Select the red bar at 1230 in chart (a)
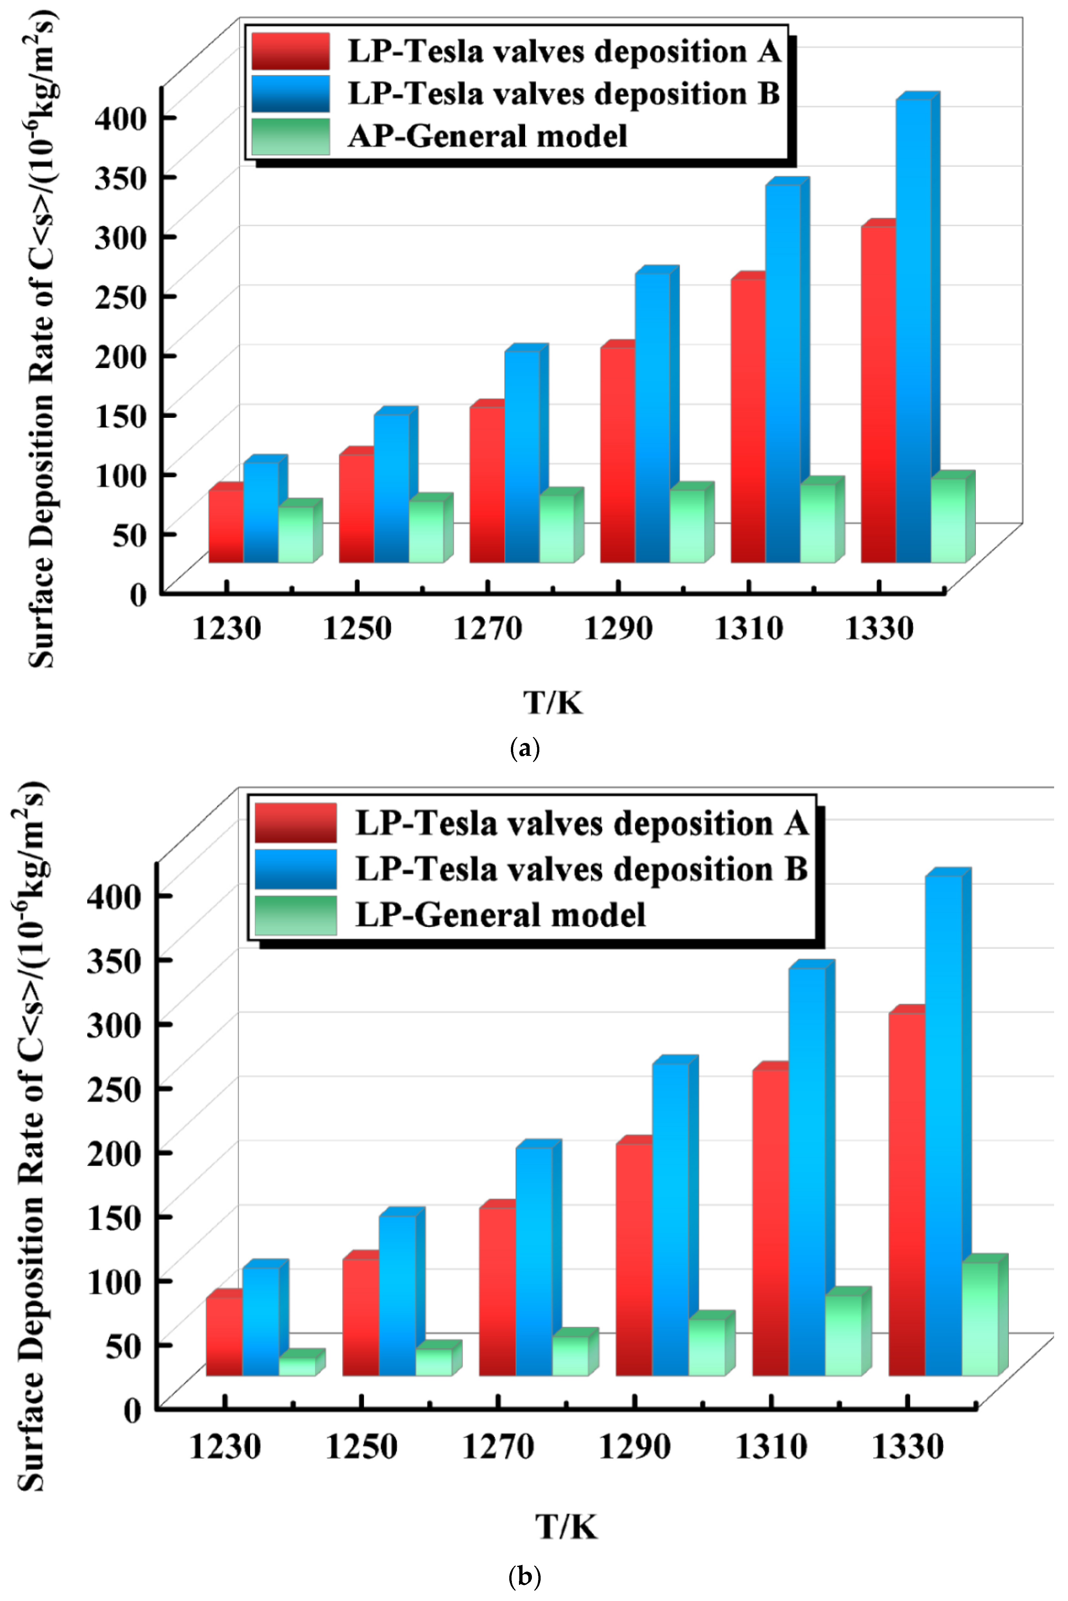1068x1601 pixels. pos(226,526)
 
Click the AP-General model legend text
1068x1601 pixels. pos(487,136)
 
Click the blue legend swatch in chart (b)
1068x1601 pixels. pos(296,869)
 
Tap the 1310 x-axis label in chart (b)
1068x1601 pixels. pos(771,1447)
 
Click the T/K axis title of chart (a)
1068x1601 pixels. pos(553,702)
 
